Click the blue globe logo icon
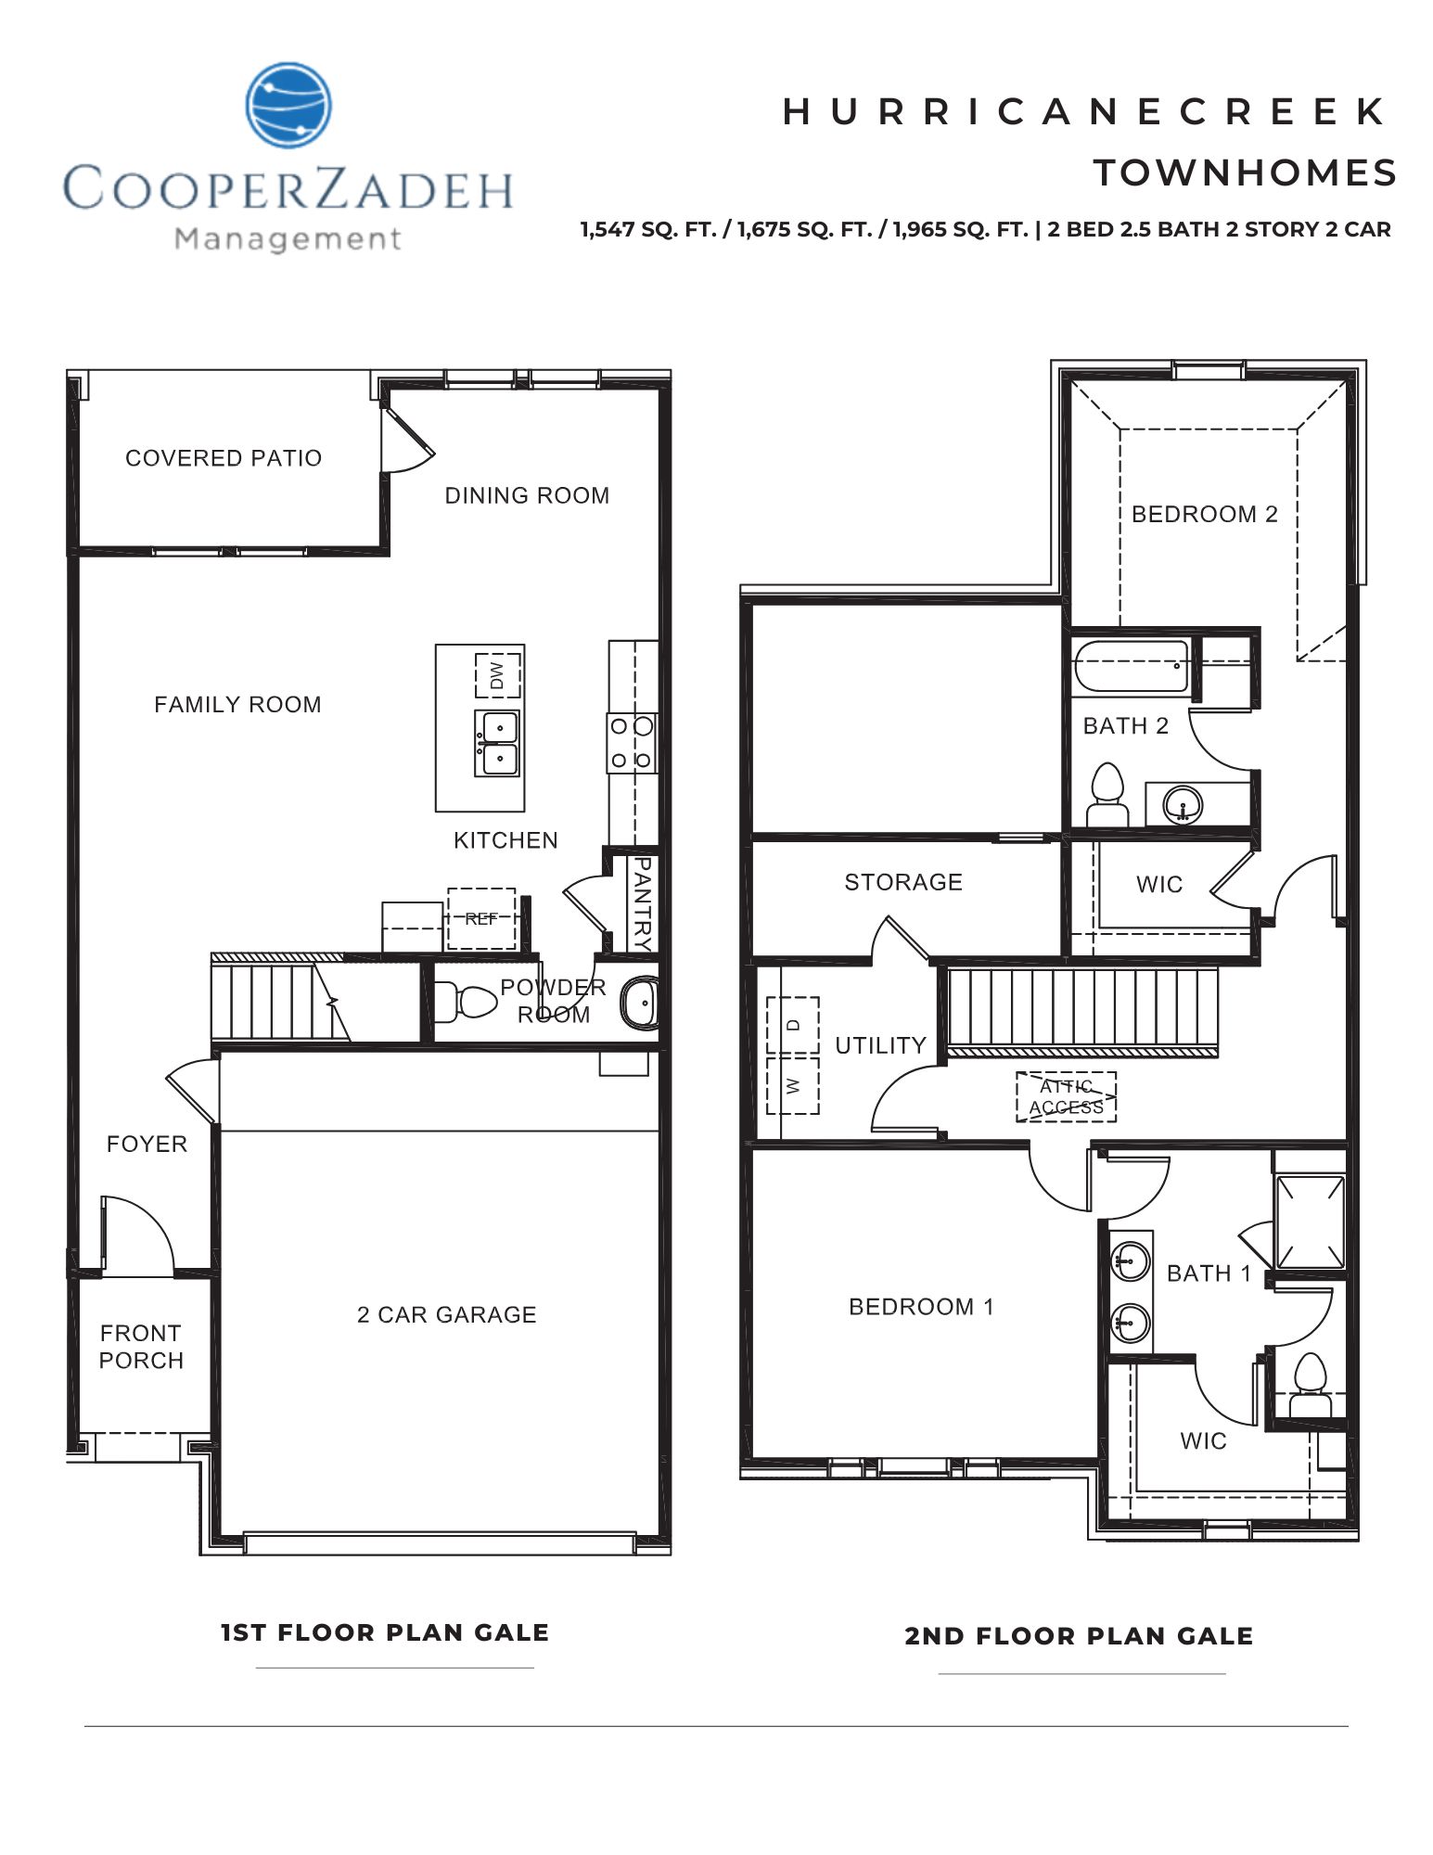click(x=288, y=106)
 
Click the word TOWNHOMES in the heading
click(x=1245, y=173)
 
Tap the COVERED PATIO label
click(x=224, y=458)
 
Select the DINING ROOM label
click(x=527, y=496)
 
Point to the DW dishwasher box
click(x=498, y=674)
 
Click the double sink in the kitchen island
click(x=497, y=744)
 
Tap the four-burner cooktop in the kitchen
click(x=633, y=743)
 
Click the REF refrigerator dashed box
click(x=481, y=918)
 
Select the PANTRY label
click(x=640, y=903)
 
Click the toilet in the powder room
click(x=471, y=1002)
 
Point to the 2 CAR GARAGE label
click(x=446, y=1315)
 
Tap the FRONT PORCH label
click(x=141, y=1347)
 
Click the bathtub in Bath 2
click(x=1131, y=667)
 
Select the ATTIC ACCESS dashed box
click(x=1066, y=1097)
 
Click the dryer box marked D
click(x=793, y=1025)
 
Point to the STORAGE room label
click(x=902, y=882)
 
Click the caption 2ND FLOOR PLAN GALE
click(x=1079, y=1637)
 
